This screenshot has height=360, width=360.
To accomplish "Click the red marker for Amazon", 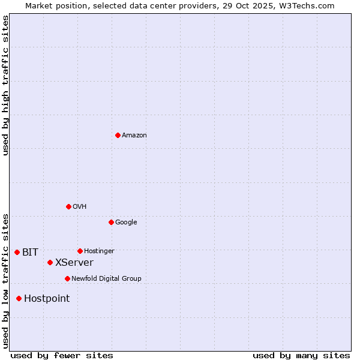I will coord(118,135).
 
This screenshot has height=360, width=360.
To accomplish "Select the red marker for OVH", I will coord(68,206).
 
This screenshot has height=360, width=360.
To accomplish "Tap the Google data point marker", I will coord(111,222).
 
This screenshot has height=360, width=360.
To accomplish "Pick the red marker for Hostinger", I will coord(80,251).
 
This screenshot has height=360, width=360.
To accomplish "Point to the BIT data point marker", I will coord(17,252).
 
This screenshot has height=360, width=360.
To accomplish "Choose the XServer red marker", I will coord(50,262).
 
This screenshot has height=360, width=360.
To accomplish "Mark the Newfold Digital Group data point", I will coord(67,278).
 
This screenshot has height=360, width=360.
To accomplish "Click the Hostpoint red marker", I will coord(19,298).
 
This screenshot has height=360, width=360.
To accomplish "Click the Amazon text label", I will coord(134,136).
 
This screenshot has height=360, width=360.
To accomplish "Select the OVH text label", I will coord(80,207).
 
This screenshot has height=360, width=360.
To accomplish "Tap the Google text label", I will coord(126,223).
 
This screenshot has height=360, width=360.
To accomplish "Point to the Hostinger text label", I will coord(99,251).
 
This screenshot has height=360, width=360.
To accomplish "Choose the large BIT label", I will coord(30,253).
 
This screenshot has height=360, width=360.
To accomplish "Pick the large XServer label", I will coord(74,263).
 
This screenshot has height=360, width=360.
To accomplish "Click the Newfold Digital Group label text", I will coord(106,279).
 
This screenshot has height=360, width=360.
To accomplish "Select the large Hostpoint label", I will coord(47,299).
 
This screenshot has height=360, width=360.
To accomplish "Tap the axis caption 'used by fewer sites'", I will coord(62,355).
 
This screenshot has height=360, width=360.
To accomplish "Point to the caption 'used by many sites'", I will coord(301,355).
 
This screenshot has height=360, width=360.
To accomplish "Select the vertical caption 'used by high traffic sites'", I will coord(6,85).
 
